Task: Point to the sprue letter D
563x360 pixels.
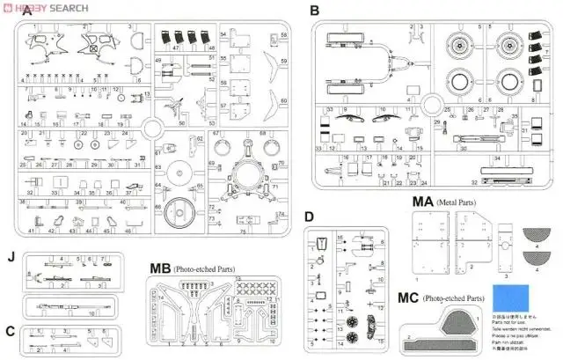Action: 309,217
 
